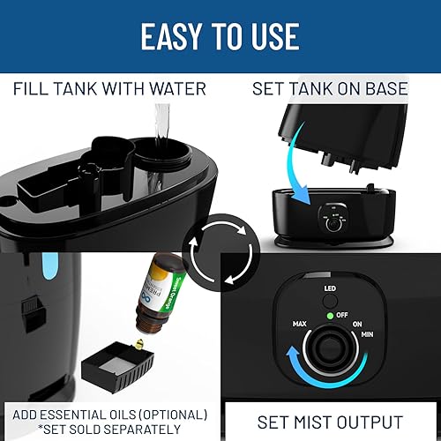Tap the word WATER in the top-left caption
click(x=180, y=88)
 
